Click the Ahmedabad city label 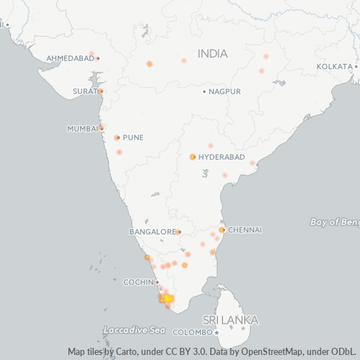70,58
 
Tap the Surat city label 84,91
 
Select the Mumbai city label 81,129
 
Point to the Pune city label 133,138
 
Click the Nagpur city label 224,91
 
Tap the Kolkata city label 334,66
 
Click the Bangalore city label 153,232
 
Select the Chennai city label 245,230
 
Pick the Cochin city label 138,282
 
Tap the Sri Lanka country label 230,320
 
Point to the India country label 212,54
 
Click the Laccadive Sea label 134,330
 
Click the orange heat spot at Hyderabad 193,157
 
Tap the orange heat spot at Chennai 222,230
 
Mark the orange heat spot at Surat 101,91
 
